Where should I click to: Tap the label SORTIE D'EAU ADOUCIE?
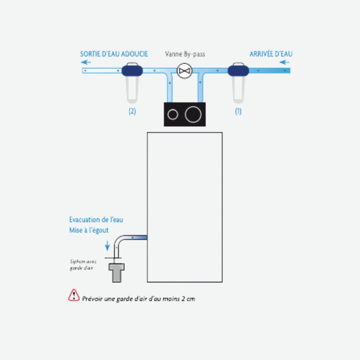click(x=114, y=54)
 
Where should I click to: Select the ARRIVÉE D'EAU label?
click(x=271, y=54)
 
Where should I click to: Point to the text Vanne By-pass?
click(x=185, y=54)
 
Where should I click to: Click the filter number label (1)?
click(x=238, y=112)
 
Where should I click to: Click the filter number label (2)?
click(x=132, y=112)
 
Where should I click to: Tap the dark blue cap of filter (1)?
click(x=238, y=70)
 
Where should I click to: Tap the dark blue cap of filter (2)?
click(x=132, y=70)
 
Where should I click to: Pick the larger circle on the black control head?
click(x=193, y=115)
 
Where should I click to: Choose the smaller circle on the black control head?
click(x=173, y=115)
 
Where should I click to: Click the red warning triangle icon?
click(x=74, y=295)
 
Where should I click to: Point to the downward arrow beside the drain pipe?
click(x=107, y=246)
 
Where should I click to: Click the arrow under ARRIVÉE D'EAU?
click(x=284, y=62)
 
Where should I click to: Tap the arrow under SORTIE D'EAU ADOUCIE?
click(x=86, y=62)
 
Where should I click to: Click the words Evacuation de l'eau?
click(x=96, y=220)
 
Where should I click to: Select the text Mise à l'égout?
click(x=89, y=230)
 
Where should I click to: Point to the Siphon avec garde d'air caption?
click(x=81, y=265)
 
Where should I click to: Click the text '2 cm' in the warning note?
click(x=188, y=299)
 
